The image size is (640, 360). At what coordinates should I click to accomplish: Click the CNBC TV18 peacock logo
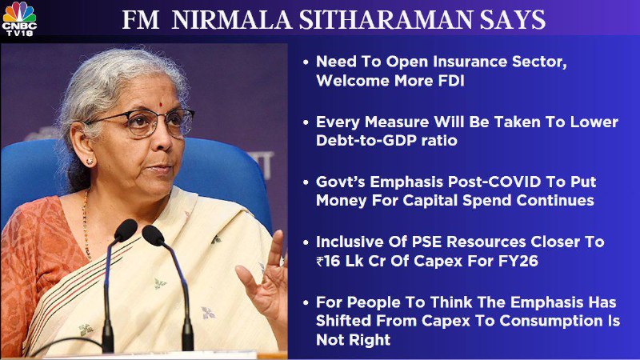click(x=19, y=18)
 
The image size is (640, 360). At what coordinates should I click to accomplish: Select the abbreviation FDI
click(x=451, y=81)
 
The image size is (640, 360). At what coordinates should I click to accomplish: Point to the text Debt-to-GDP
click(x=370, y=141)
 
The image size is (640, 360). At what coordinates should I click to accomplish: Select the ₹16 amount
click(x=328, y=261)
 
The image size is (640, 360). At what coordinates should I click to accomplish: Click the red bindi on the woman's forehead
click(x=162, y=105)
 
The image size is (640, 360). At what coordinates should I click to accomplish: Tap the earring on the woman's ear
click(x=90, y=162)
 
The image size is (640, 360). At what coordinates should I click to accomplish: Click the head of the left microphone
click(x=125, y=230)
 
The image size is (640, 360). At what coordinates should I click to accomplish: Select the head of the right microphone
click(x=153, y=235)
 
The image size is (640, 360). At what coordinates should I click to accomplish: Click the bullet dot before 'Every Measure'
click(x=306, y=122)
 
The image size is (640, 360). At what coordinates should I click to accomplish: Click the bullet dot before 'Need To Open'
click(x=306, y=62)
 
